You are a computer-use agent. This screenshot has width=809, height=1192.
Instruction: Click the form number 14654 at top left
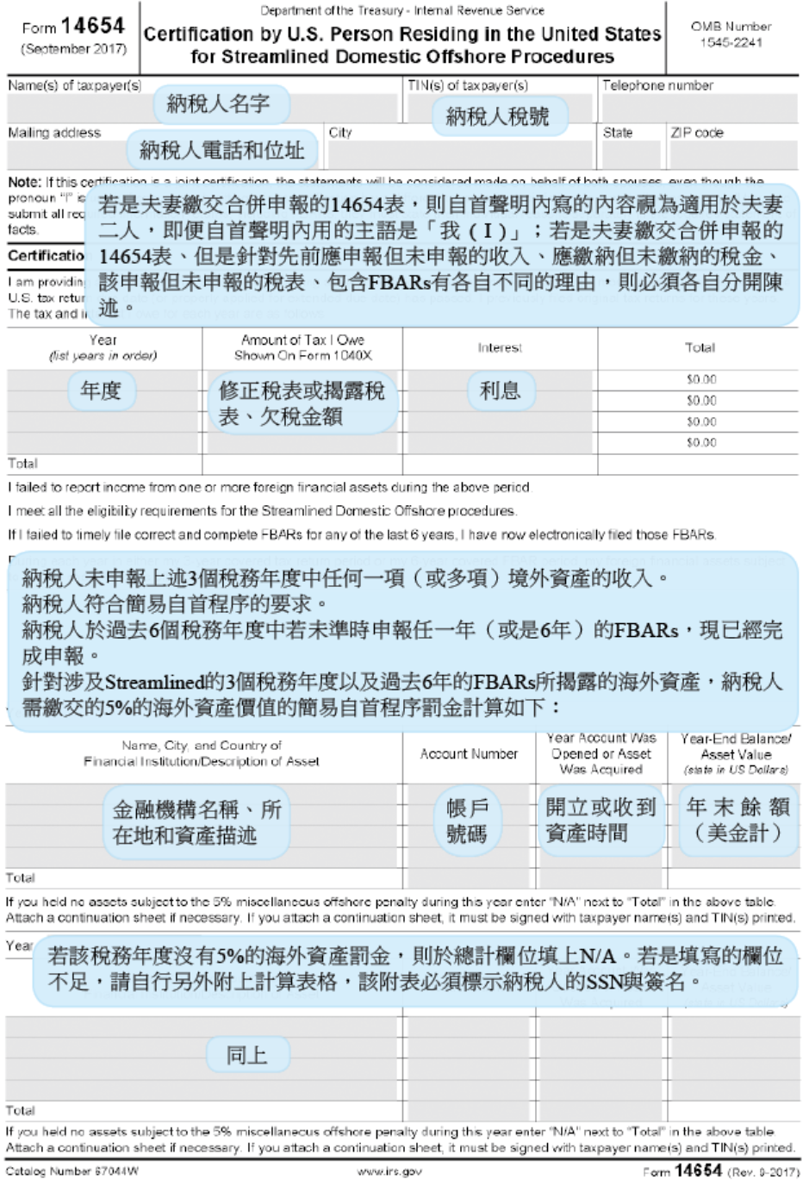[x=93, y=26]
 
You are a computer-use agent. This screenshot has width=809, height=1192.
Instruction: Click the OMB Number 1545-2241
[x=731, y=34]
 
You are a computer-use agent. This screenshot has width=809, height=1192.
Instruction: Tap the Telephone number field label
[x=657, y=85]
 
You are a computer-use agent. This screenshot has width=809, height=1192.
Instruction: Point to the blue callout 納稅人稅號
[x=497, y=116]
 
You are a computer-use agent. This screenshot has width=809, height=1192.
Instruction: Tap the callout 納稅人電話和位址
[x=222, y=151]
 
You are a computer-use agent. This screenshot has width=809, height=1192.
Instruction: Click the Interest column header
[x=500, y=348]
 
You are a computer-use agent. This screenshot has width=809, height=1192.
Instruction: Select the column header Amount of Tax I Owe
[x=302, y=340]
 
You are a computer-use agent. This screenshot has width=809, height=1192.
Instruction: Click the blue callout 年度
[x=101, y=391]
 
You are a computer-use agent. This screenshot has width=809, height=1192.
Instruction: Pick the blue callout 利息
[x=501, y=391]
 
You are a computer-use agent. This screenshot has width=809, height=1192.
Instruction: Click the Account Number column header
[x=469, y=754]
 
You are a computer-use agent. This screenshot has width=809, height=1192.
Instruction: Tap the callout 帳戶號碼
[x=467, y=821]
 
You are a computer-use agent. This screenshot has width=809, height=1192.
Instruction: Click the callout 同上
[x=246, y=1055]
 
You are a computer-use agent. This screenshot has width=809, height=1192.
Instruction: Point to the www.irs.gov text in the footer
[x=389, y=1172]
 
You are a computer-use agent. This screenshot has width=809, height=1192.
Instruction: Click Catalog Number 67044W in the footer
[x=72, y=1172]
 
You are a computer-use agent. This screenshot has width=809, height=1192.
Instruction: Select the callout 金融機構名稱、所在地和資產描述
[x=196, y=822]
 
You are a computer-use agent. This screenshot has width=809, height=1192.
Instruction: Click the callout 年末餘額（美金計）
[x=738, y=820]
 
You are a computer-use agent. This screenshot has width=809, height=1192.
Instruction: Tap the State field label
[x=618, y=133]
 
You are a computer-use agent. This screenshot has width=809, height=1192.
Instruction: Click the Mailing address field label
[x=54, y=133]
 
